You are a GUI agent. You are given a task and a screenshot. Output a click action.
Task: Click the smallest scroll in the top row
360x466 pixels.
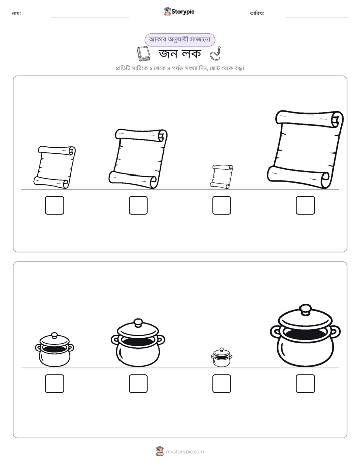(221, 176)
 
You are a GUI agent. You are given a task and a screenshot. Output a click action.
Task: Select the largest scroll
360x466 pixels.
(306, 149)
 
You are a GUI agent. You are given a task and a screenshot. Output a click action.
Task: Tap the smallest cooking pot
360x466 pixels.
(221, 357)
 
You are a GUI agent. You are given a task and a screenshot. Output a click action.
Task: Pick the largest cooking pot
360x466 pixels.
(306, 335)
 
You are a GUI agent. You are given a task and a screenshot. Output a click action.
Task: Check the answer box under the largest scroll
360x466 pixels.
(306, 205)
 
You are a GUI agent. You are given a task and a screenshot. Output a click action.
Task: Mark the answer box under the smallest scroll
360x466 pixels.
(221, 205)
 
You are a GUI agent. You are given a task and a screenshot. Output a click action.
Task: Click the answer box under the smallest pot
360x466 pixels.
(221, 384)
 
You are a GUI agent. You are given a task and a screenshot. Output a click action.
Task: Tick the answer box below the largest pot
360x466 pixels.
(306, 384)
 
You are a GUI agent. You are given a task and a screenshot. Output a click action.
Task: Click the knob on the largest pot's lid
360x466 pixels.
(305, 309)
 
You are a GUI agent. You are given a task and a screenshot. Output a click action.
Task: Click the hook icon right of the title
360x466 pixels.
(216, 53)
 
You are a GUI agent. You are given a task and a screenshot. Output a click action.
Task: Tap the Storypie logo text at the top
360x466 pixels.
(183, 11)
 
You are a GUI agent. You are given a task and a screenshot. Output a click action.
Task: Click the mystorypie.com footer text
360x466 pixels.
(185, 452)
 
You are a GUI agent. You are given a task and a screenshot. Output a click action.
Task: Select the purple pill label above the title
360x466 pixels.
(179, 40)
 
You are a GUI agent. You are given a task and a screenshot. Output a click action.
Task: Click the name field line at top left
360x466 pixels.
(90, 17)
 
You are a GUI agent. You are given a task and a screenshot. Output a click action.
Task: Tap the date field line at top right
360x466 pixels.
(317, 17)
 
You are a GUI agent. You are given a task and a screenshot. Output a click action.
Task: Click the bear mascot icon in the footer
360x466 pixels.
(160, 451)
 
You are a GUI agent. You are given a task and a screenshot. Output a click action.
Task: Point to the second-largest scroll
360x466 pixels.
(138, 158)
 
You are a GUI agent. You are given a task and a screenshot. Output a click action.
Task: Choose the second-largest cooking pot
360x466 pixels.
(138, 342)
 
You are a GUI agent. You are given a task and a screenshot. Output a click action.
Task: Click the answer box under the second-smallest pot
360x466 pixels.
(54, 384)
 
